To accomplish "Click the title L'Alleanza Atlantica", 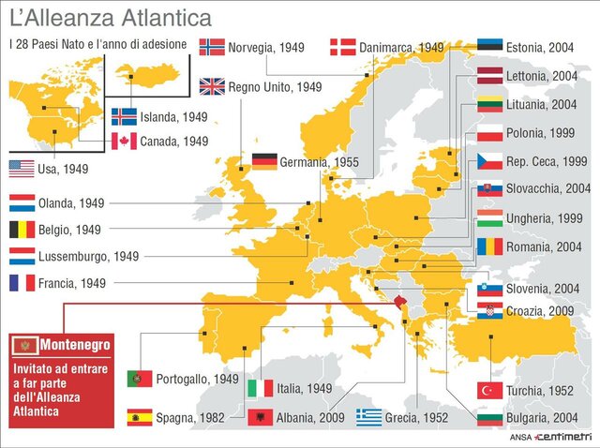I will coord(110,18).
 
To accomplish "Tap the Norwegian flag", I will coord(212,46).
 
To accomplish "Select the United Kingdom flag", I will coord(212,86).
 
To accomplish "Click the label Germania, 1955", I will coord(319,162).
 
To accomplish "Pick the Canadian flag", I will coord(124,142).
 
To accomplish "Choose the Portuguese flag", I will coord(140,379).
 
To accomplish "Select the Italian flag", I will coord(260,387).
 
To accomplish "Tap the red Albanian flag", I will coord(260,417).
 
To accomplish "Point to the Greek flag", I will coord(368,417).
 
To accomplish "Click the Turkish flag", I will coord(489,389).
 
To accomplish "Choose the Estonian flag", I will coord(489,47).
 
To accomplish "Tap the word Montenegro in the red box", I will coord(74,345).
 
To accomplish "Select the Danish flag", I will coord(342,47).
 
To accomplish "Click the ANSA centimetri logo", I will coord(554,436).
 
